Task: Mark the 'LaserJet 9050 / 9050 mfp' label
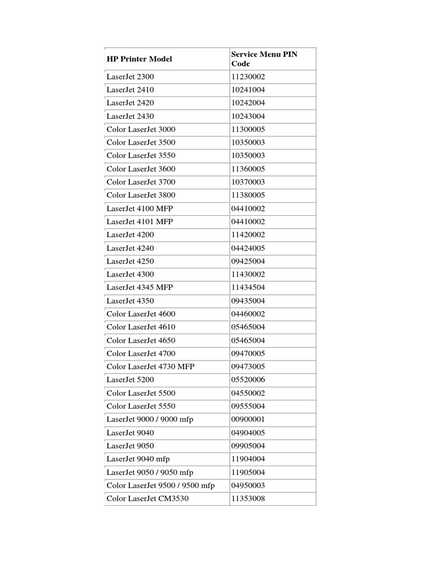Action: click(x=150, y=472)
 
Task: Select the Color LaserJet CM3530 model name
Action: click(x=148, y=499)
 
